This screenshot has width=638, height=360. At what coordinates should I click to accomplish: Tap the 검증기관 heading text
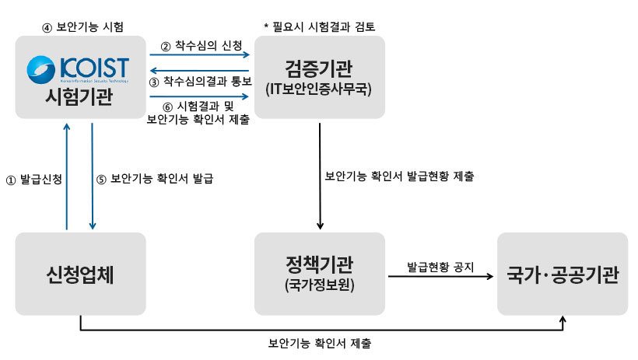[x=319, y=66]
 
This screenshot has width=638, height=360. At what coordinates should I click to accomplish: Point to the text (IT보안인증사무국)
[x=319, y=89]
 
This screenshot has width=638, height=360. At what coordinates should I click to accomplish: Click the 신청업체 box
[x=80, y=274]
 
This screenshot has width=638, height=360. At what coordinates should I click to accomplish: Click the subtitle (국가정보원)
[x=319, y=285]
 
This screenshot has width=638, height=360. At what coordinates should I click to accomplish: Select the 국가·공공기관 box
[x=563, y=274]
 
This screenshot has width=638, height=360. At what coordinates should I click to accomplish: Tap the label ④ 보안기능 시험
[x=82, y=27]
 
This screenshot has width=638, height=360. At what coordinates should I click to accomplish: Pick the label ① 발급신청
[x=33, y=178]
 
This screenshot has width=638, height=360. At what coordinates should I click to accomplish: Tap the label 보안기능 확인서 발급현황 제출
[x=399, y=176]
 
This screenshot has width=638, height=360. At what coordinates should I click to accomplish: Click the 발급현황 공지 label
[x=440, y=264]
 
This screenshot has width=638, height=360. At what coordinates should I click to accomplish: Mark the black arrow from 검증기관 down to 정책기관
[x=320, y=175]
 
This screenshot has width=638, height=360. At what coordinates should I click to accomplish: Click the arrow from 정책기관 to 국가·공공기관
[x=440, y=276]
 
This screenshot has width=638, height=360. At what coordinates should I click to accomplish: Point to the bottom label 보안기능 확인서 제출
[x=319, y=342]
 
